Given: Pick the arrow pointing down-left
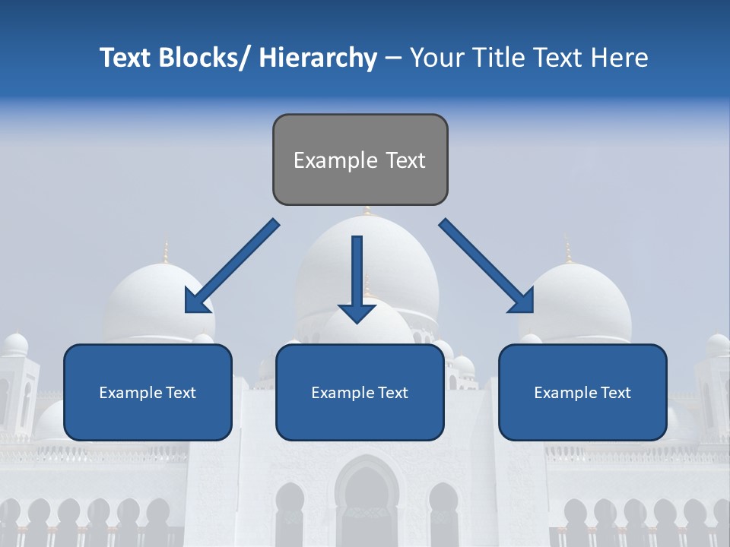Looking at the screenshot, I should tap(232, 267).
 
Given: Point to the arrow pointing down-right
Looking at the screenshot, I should tap(486, 266).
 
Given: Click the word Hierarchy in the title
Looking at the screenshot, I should tap(318, 58).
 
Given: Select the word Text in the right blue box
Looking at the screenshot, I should tap(614, 393).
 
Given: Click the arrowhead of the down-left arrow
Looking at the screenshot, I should tap(196, 302).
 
